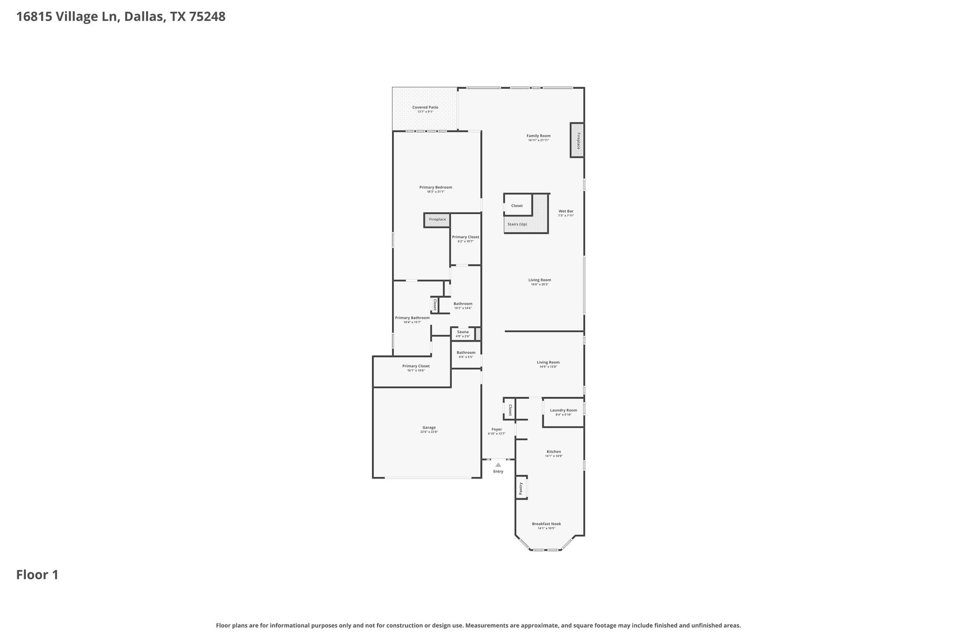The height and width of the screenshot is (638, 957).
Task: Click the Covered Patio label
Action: [x=425, y=108]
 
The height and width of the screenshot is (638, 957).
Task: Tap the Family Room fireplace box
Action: [x=577, y=140]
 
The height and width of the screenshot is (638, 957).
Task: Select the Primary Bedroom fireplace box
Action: [x=437, y=220]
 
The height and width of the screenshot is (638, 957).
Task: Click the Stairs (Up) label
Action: [x=517, y=224]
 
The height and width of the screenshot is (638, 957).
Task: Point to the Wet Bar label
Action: [x=566, y=211]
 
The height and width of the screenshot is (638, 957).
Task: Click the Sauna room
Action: [x=463, y=333]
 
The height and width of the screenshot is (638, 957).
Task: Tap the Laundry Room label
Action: [x=563, y=410]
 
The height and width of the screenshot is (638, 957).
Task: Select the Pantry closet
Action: [x=521, y=488]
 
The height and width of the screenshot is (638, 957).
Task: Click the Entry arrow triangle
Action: [x=498, y=465]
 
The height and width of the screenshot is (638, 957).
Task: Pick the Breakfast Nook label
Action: [x=546, y=524]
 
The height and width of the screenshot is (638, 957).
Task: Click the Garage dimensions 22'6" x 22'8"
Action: [x=429, y=432]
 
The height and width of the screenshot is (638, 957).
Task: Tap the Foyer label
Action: [x=497, y=429]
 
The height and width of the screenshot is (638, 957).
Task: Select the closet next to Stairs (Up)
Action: [x=517, y=206]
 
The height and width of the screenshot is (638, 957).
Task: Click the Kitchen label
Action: [x=554, y=452]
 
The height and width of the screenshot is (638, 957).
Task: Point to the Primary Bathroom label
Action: [x=412, y=318]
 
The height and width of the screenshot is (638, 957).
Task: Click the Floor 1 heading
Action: [x=37, y=575]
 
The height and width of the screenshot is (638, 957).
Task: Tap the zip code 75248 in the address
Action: [x=207, y=17]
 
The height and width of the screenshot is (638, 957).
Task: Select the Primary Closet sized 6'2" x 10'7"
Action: [x=465, y=238]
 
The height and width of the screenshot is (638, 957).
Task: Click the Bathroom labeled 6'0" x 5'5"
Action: [x=466, y=354]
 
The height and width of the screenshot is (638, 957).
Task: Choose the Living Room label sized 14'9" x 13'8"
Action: [x=548, y=362]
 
